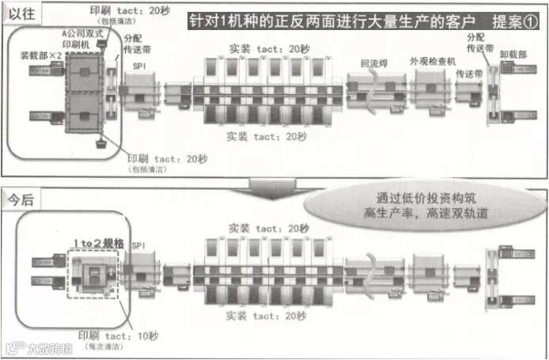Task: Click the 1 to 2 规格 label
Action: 98,243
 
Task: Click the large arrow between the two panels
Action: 273,187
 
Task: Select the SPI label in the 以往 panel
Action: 139,66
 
